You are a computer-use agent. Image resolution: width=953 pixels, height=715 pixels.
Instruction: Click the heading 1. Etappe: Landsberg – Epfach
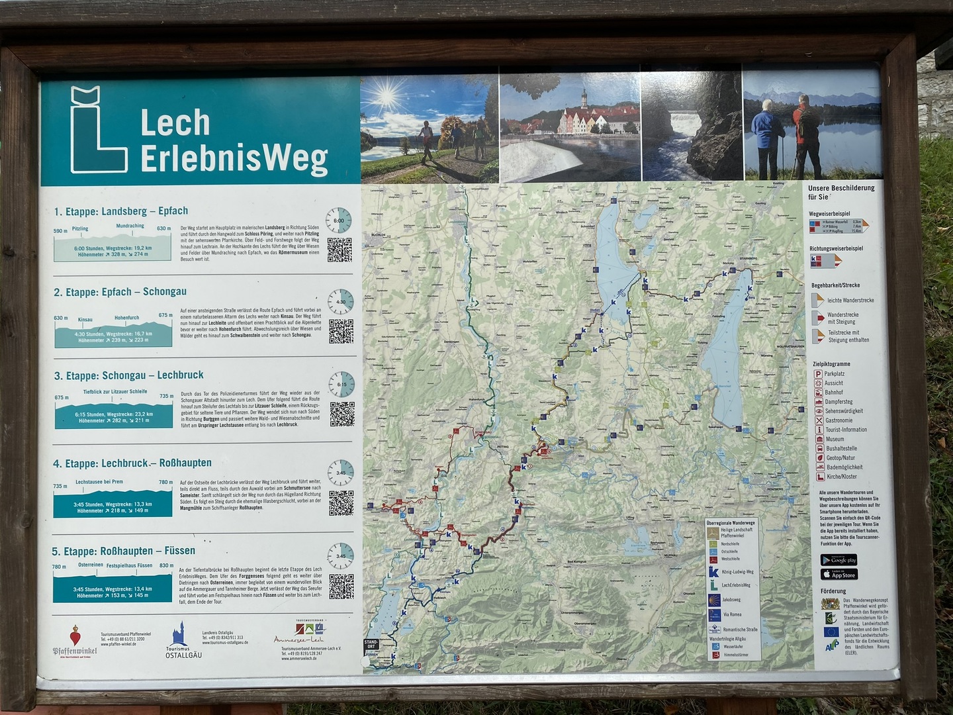coord(121,211)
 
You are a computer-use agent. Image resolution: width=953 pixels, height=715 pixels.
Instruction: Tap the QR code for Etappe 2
coord(341,331)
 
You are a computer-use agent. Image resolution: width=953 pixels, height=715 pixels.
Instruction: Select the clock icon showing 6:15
coord(341,384)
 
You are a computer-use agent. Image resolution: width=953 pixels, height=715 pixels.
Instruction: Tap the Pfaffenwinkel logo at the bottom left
coord(74,641)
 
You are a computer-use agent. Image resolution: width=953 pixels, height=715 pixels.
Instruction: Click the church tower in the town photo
coord(584,99)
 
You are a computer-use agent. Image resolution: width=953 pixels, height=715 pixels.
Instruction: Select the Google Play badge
coord(839,560)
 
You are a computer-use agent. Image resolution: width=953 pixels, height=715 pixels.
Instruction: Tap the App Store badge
coord(839,575)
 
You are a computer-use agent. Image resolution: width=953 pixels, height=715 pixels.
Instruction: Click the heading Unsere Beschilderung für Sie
coord(840,192)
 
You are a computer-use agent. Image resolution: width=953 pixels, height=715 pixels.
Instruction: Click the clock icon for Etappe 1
coord(339,220)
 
